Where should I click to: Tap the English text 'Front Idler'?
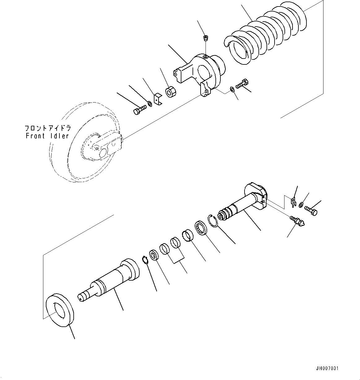(x=47, y=136)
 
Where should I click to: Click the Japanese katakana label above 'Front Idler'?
(x=48, y=128)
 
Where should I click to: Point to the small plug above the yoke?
(x=205, y=39)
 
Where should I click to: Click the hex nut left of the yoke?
(x=171, y=92)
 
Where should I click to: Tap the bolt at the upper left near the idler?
(x=139, y=110)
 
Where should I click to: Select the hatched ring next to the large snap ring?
(x=202, y=229)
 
